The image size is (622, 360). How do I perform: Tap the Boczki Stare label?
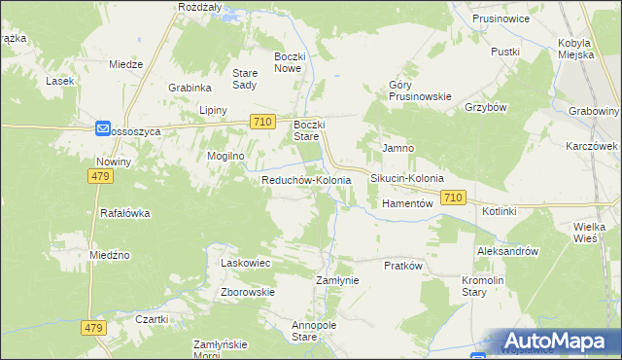pyautogui.click(x=309, y=130)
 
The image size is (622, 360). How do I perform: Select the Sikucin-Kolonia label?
pyautogui.click(x=406, y=180)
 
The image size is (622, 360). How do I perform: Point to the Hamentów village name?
pyautogui.click(x=406, y=204)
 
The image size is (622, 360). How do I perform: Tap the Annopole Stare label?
pyautogui.click(x=305, y=331)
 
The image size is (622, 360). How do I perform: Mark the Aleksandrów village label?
pyautogui.click(x=507, y=251)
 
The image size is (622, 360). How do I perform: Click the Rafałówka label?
pyautogui.click(x=122, y=212)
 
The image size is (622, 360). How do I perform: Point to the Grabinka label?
pyautogui.click(x=190, y=88)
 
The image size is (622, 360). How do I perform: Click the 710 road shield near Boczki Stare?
pyautogui.click(x=260, y=122)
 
